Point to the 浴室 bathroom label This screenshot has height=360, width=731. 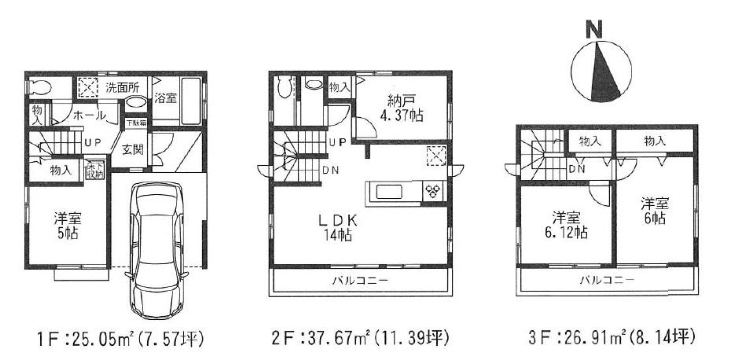pyautogui.click(x=164, y=98)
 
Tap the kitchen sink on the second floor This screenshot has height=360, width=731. pyautogui.click(x=391, y=192)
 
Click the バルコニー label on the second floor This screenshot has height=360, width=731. pyautogui.click(x=362, y=280)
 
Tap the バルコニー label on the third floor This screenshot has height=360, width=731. pyautogui.click(x=608, y=280)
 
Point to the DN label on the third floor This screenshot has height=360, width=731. pyautogui.click(x=576, y=168)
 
